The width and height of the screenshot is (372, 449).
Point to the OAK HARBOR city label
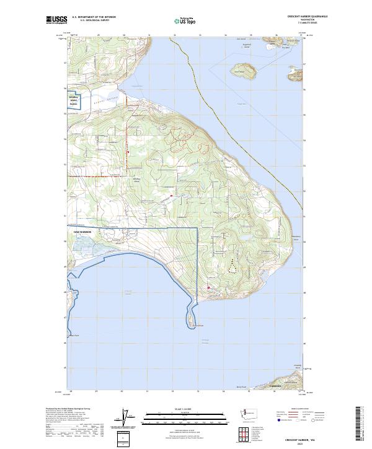point(79,231)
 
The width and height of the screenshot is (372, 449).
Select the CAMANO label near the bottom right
point(275,386)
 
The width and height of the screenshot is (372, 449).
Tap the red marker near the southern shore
point(209,288)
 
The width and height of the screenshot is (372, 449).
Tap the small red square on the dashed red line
point(128,152)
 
